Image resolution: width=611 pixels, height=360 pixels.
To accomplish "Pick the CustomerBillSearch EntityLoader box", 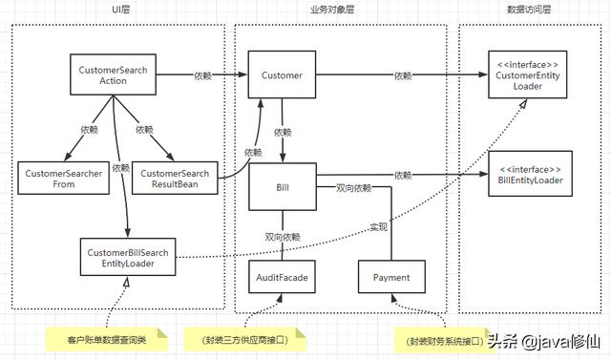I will (127, 258).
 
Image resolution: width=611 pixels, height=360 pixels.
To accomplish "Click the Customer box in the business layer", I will (282, 75).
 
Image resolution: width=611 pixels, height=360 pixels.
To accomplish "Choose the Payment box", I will (391, 278).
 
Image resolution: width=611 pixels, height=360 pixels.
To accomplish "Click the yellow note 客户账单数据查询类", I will (105, 339).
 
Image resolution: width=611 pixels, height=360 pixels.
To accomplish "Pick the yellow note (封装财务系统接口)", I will (436, 340).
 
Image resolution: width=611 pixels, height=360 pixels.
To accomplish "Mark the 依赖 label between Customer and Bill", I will (284, 132).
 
